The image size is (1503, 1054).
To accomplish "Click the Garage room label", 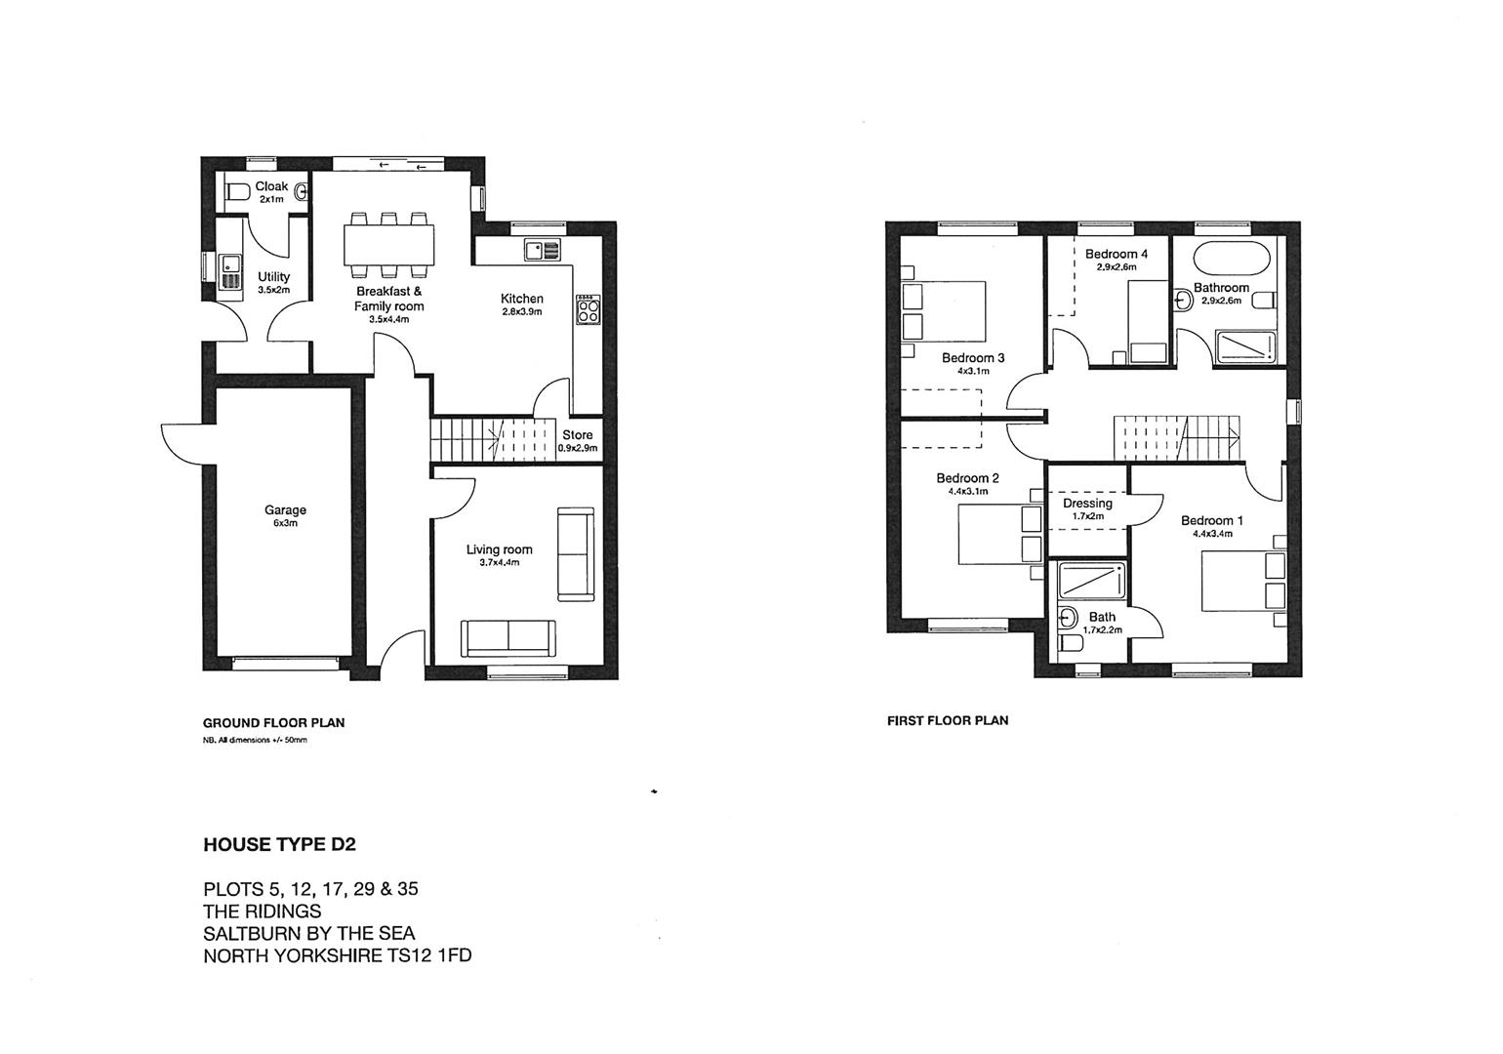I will [285, 509].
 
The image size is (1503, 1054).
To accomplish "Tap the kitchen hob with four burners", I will [589, 311].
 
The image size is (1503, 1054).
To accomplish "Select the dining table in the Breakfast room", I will [389, 244].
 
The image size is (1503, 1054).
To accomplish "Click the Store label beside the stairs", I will [577, 435].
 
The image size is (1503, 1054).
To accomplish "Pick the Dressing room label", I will [1087, 504].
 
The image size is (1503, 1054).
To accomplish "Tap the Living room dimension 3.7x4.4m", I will [499, 562].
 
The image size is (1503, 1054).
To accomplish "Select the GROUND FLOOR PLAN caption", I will [273, 723].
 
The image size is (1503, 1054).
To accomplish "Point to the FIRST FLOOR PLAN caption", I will [947, 720].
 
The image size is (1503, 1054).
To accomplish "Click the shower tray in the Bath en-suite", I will [1088, 583].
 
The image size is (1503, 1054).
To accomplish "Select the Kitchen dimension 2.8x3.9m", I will [521, 311].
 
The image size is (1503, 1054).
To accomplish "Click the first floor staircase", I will [1176, 436].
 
